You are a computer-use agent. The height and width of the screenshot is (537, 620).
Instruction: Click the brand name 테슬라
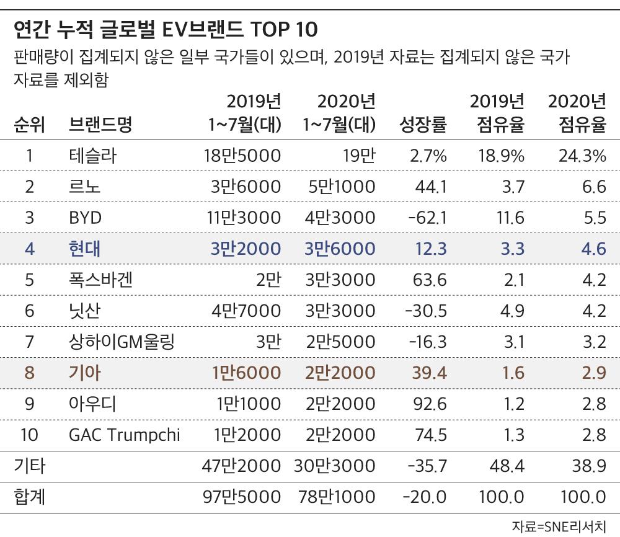click(x=92, y=156)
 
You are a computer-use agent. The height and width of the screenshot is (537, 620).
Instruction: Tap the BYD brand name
click(x=85, y=218)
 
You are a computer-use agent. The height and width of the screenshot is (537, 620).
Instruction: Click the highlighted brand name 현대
click(x=85, y=249)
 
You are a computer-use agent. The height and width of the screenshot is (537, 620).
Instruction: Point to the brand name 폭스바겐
click(x=100, y=280)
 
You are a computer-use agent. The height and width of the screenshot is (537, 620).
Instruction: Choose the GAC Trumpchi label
click(x=124, y=435)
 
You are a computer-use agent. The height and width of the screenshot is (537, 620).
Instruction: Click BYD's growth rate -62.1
click(x=425, y=218)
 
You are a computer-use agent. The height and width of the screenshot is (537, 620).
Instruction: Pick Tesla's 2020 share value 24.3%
click(x=582, y=156)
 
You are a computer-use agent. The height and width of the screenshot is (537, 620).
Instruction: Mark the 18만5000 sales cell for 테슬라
click(x=242, y=156)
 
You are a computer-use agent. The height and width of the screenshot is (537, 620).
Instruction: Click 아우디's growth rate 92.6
click(x=430, y=404)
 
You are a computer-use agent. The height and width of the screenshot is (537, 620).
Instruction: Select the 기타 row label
click(x=30, y=466)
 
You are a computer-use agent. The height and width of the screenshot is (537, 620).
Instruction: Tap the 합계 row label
click(x=30, y=497)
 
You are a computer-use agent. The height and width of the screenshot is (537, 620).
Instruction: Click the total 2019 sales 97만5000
click(x=242, y=497)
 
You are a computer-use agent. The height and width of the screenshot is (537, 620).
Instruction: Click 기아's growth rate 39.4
click(x=430, y=373)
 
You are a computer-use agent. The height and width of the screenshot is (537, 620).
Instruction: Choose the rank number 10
click(x=29, y=435)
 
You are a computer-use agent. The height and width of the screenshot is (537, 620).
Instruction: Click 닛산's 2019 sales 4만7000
click(x=246, y=311)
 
